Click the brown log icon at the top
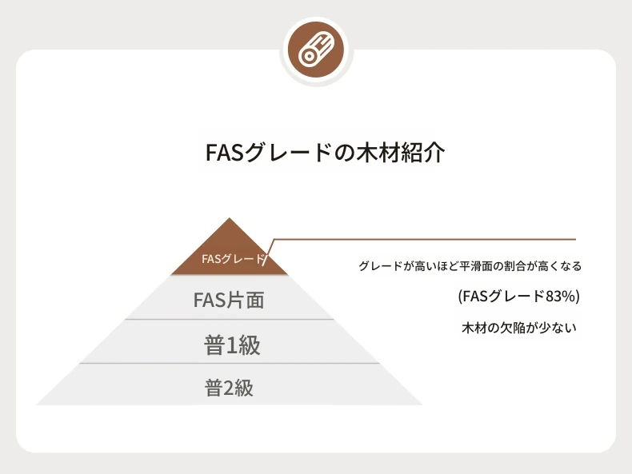pyautogui.click(x=316, y=50)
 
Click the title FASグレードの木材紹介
pyautogui.click(x=325, y=153)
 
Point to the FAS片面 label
pyautogui.click(x=229, y=300)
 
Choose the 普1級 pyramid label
pyautogui.click(x=232, y=345)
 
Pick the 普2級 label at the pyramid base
pyautogui.click(x=229, y=388)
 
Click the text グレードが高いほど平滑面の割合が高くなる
pyautogui.click(x=470, y=266)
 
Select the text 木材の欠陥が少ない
pyautogui.click(x=519, y=328)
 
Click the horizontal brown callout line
pyautogui.click(x=425, y=239)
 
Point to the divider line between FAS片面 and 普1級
pyautogui.click(x=230, y=320)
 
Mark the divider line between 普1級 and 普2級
pyautogui.click(x=230, y=363)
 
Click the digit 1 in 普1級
pyautogui.click(x=232, y=346)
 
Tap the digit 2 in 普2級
pyautogui.click(x=228, y=388)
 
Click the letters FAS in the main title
pyautogui.click(x=225, y=153)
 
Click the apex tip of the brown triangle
pyautogui.click(x=230, y=218)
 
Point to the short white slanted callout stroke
pyautogui.click(x=266, y=260)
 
